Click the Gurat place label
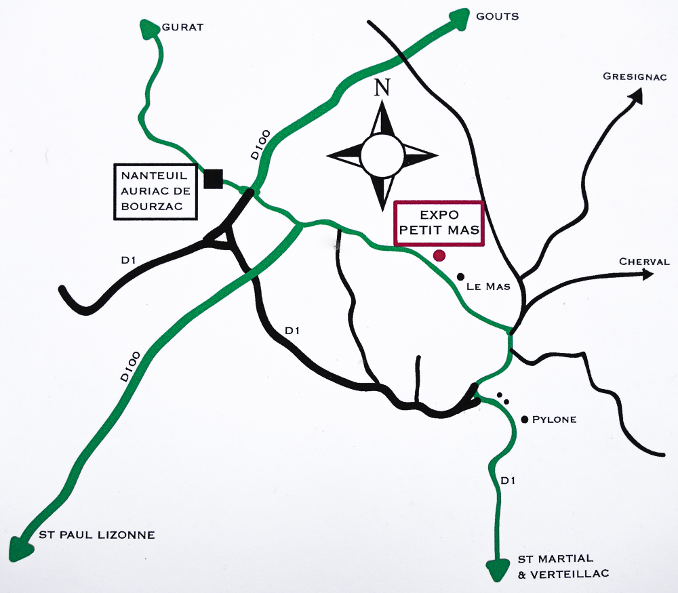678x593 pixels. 182,27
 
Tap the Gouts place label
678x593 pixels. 498,16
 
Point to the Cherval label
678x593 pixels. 644,262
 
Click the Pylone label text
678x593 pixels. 554,420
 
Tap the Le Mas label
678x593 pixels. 488,287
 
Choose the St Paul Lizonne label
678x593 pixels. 97,535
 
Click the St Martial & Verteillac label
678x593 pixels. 563,566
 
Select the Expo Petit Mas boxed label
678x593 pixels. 439,223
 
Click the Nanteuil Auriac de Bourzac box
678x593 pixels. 156,192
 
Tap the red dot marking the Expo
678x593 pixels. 439,255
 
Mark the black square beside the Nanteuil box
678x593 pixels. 214,178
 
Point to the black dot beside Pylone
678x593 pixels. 525,420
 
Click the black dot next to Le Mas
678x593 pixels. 461,277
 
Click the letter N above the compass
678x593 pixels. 383,87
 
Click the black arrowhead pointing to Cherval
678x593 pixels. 645,274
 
